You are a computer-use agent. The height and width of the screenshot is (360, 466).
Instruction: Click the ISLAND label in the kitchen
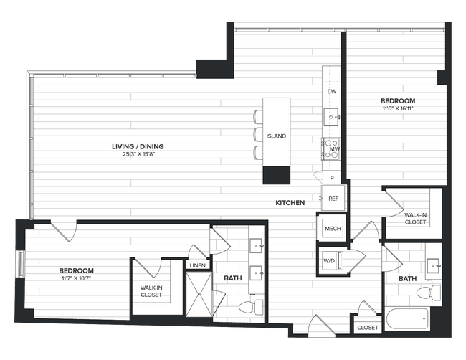pyautogui.click(x=276, y=136)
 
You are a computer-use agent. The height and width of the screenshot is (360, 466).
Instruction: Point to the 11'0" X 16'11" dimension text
pyautogui.click(x=397, y=109)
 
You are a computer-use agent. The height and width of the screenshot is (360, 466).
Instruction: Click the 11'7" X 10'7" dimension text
pyautogui.click(x=77, y=278)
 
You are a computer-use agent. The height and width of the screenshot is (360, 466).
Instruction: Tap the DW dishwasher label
pyautogui.click(x=331, y=93)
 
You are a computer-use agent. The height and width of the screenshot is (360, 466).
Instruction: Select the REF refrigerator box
pyautogui.click(x=333, y=199)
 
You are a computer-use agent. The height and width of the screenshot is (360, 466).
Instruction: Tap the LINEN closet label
pyautogui.click(x=196, y=266)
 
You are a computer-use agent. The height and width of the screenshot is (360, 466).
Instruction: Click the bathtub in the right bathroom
pyautogui.click(x=406, y=318)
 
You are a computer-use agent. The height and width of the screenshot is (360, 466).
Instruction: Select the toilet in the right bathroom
pyautogui.click(x=430, y=293)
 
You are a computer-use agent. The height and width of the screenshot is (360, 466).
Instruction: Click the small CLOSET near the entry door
pyautogui.click(x=368, y=327)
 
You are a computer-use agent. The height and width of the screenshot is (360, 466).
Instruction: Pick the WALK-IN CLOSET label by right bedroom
pyautogui.click(x=415, y=218)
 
